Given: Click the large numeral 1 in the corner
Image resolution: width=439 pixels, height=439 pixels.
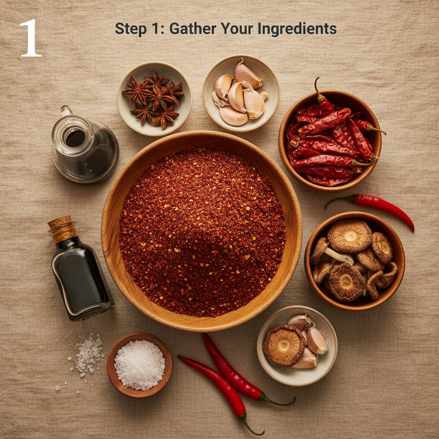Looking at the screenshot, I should [30, 38].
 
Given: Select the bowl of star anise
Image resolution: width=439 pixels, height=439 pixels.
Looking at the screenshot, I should [154, 99].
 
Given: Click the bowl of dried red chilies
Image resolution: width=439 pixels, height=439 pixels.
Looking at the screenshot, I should [330, 139].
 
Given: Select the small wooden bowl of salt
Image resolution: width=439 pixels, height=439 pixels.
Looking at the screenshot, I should [139, 364].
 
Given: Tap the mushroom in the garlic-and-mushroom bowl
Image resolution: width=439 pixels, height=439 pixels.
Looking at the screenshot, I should [283, 345].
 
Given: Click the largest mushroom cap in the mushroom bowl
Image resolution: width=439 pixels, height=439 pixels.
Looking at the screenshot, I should [349, 236].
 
